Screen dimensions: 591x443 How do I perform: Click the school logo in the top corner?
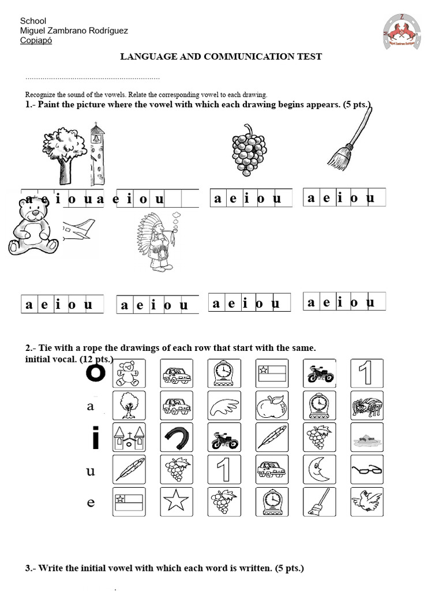tap(402, 32)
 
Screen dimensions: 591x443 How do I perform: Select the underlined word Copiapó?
tap(36, 40)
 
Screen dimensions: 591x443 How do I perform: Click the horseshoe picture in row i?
tap(177, 437)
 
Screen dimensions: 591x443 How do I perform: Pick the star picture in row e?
tap(177, 502)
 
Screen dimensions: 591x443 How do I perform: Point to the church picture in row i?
tap(129, 437)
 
